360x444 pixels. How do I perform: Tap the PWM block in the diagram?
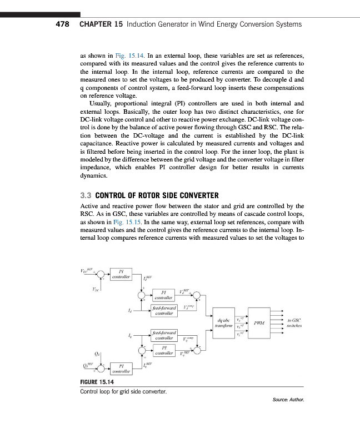(x=259, y=322)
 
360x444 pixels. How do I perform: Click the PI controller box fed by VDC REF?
(x=121, y=274)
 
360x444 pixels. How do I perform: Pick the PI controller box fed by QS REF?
(x=121, y=369)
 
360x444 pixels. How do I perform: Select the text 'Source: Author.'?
(x=289, y=400)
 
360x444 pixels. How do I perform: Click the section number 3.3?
(x=87, y=195)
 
